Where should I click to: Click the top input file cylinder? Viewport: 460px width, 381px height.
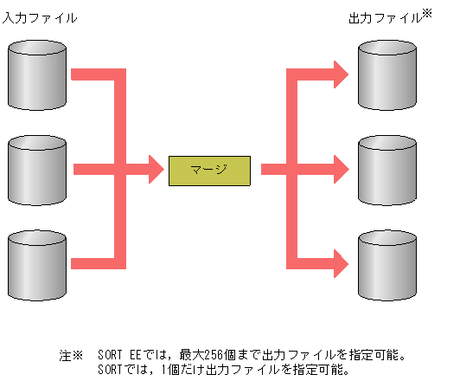tap(36, 72)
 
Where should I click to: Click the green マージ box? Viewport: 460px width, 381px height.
tap(209, 169)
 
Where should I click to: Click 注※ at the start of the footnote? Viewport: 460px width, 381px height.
tap(70, 355)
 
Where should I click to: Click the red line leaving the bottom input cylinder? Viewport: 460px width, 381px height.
tap(95, 260)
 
